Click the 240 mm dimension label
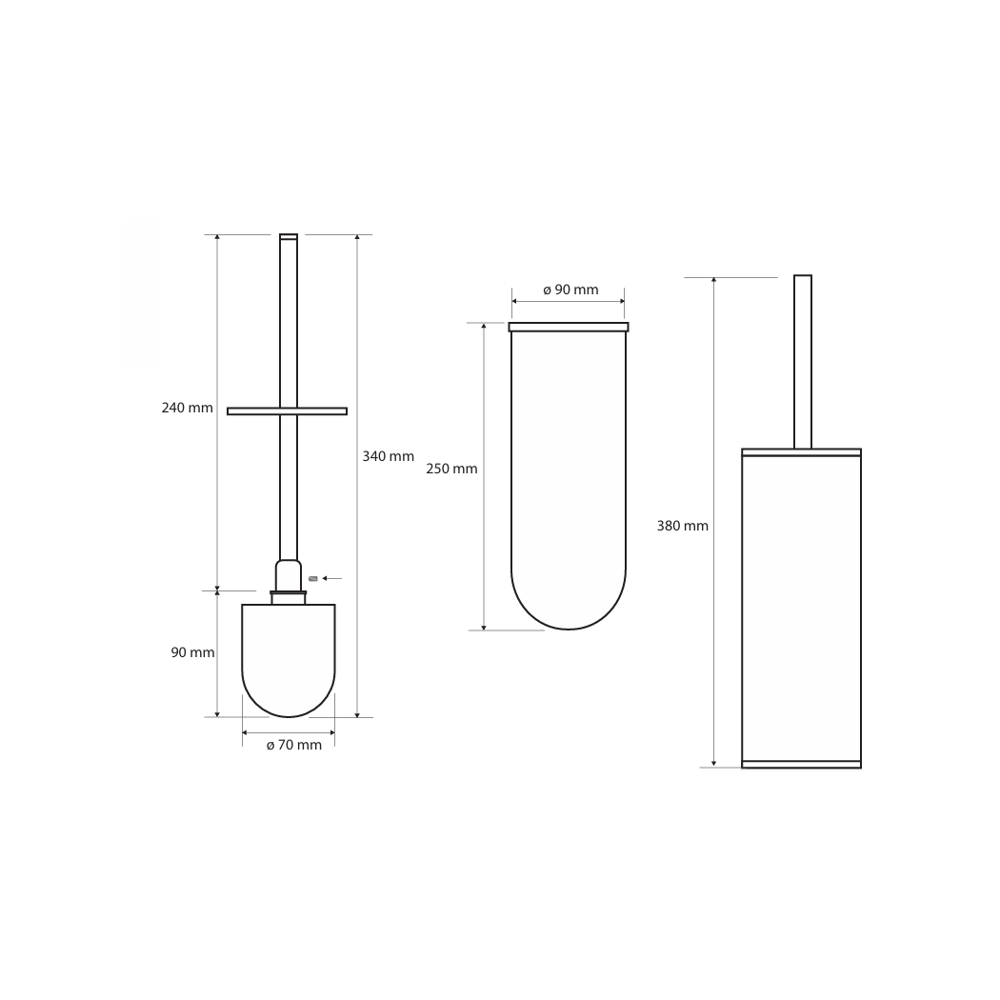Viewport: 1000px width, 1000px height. pyautogui.click(x=187, y=408)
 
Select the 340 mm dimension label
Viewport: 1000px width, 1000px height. pyautogui.click(x=388, y=456)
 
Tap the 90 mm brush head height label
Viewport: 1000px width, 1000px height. pyautogui.click(x=192, y=652)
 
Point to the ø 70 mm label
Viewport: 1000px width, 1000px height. pyautogui.click(x=294, y=745)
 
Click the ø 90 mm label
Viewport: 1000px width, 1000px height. pyautogui.click(x=570, y=290)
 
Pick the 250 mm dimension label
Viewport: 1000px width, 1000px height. pyautogui.click(x=451, y=469)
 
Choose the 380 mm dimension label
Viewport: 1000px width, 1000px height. pyautogui.click(x=683, y=526)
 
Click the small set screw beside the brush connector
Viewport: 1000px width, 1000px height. pyautogui.click(x=312, y=578)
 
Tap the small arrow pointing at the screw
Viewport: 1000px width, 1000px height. pyautogui.click(x=331, y=578)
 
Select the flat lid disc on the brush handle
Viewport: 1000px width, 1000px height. pyautogui.click(x=287, y=411)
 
